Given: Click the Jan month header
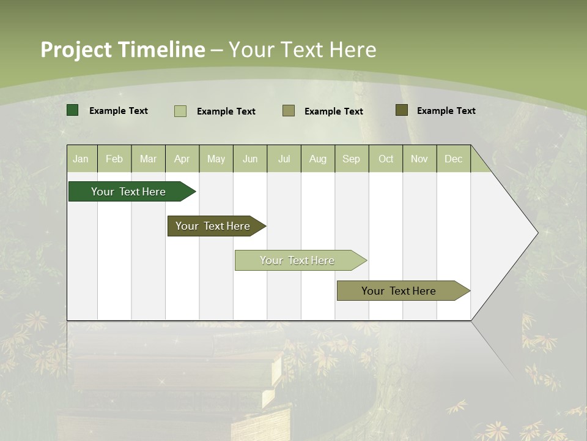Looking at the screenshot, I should pyautogui.click(x=81, y=159).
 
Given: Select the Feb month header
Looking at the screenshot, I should pyautogui.click(x=114, y=159).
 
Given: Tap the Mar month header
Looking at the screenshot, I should pyautogui.click(x=148, y=159).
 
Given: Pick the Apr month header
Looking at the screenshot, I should pyautogui.click(x=182, y=159).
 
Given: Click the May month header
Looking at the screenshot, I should pyautogui.click(x=216, y=159).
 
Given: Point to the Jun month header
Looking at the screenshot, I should pyautogui.click(x=250, y=159).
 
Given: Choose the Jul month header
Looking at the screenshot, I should pyautogui.click(x=284, y=159).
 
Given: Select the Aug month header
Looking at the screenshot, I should pyautogui.click(x=318, y=159).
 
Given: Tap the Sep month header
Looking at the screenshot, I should pyautogui.click(x=352, y=159).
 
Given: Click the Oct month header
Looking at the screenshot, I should pyautogui.click(x=386, y=159).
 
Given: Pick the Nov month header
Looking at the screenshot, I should pyautogui.click(x=419, y=159).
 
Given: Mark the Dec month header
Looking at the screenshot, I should pyautogui.click(x=454, y=159).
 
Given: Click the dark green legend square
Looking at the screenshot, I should pyautogui.click(x=73, y=110).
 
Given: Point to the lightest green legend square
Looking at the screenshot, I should pyautogui.click(x=180, y=111).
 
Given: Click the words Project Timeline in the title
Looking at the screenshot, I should pyautogui.click(x=123, y=50).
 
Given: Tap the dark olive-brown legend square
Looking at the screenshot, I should pyautogui.click(x=401, y=110).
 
